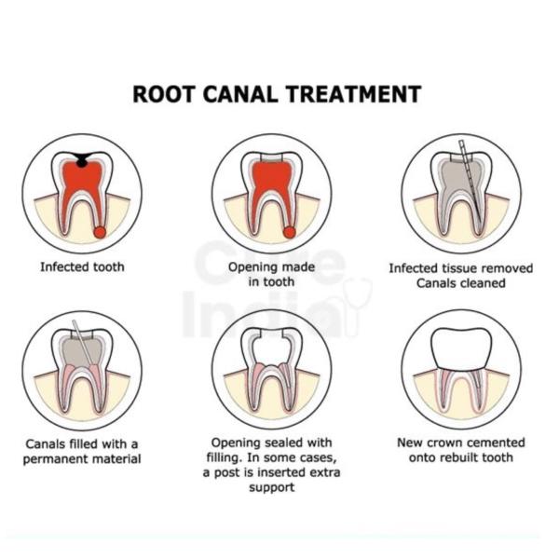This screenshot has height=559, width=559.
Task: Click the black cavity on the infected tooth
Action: point(82,161)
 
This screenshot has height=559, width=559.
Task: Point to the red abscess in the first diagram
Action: point(100,231)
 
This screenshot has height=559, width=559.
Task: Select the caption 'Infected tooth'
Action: point(82,267)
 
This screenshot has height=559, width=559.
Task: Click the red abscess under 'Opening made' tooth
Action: point(289,231)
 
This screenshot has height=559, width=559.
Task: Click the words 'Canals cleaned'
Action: point(461,282)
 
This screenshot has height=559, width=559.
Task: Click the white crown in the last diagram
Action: point(460,348)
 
